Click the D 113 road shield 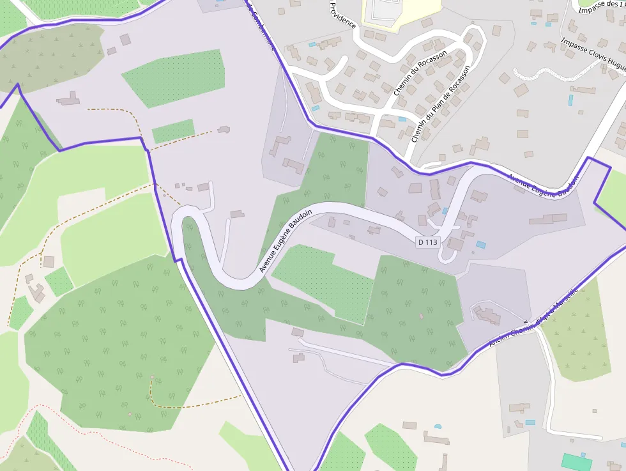coord(428,242)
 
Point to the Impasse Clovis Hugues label coord(593,52)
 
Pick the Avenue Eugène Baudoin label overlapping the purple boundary coord(544,185)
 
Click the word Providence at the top coord(342,14)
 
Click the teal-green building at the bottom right coord(576,462)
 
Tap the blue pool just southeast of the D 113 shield coord(481,245)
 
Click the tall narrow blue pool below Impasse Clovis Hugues coord(570,100)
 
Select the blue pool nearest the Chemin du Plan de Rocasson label coord(402,120)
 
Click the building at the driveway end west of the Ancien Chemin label coord(489,315)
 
